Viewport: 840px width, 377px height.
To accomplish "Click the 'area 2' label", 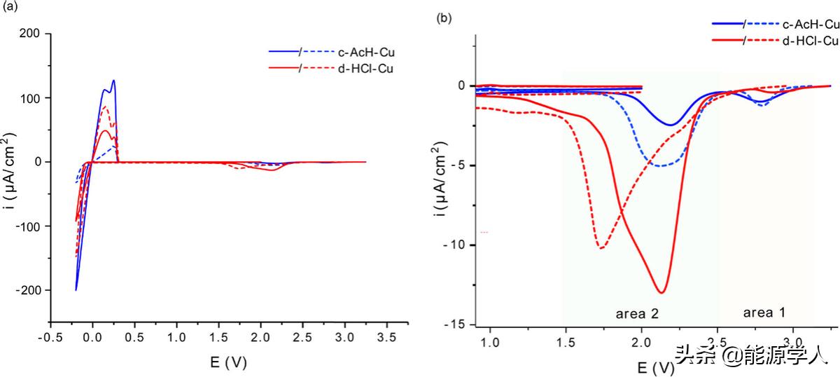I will (637, 313).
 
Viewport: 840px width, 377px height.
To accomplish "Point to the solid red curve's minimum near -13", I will (660, 292).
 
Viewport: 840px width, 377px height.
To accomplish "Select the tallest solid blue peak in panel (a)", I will (113, 81).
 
